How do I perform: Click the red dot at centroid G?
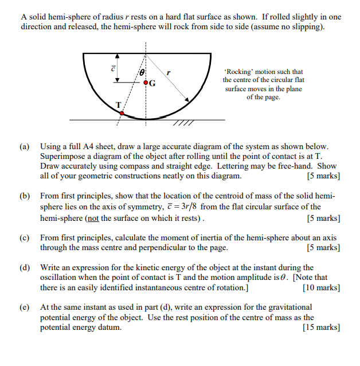tap(145, 83)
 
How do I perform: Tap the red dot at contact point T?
tap(121, 113)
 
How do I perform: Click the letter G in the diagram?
tap(152, 83)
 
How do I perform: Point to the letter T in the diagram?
tap(119, 104)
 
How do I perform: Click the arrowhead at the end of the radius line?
tap(186, 100)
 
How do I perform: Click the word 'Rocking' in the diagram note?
tap(239, 72)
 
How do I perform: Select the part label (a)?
tap(25, 147)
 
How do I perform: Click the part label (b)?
tap(25, 196)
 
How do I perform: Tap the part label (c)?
tap(25, 237)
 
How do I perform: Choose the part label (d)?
tap(25, 267)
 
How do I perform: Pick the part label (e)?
tap(25, 307)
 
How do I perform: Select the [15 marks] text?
tap(321, 328)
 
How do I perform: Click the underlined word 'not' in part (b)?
tap(93, 218)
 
